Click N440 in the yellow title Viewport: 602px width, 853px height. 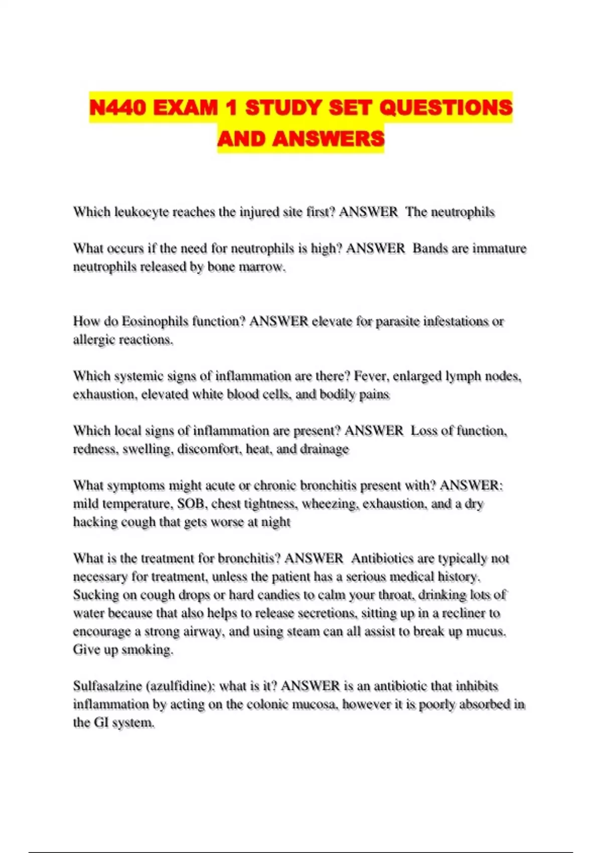pyautogui.click(x=118, y=107)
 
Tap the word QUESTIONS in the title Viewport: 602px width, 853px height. pyautogui.click(x=446, y=107)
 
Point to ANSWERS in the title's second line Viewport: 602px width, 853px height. pyautogui.click(x=329, y=138)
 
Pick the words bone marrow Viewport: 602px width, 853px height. pyautogui.click(x=246, y=267)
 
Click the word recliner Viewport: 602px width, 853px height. pyautogui.click(x=461, y=613)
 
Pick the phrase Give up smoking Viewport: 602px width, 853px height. pyautogui.click(x=123, y=650)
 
